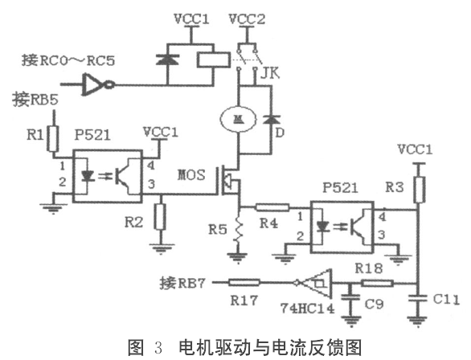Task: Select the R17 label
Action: point(240,300)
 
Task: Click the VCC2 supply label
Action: point(244,18)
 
